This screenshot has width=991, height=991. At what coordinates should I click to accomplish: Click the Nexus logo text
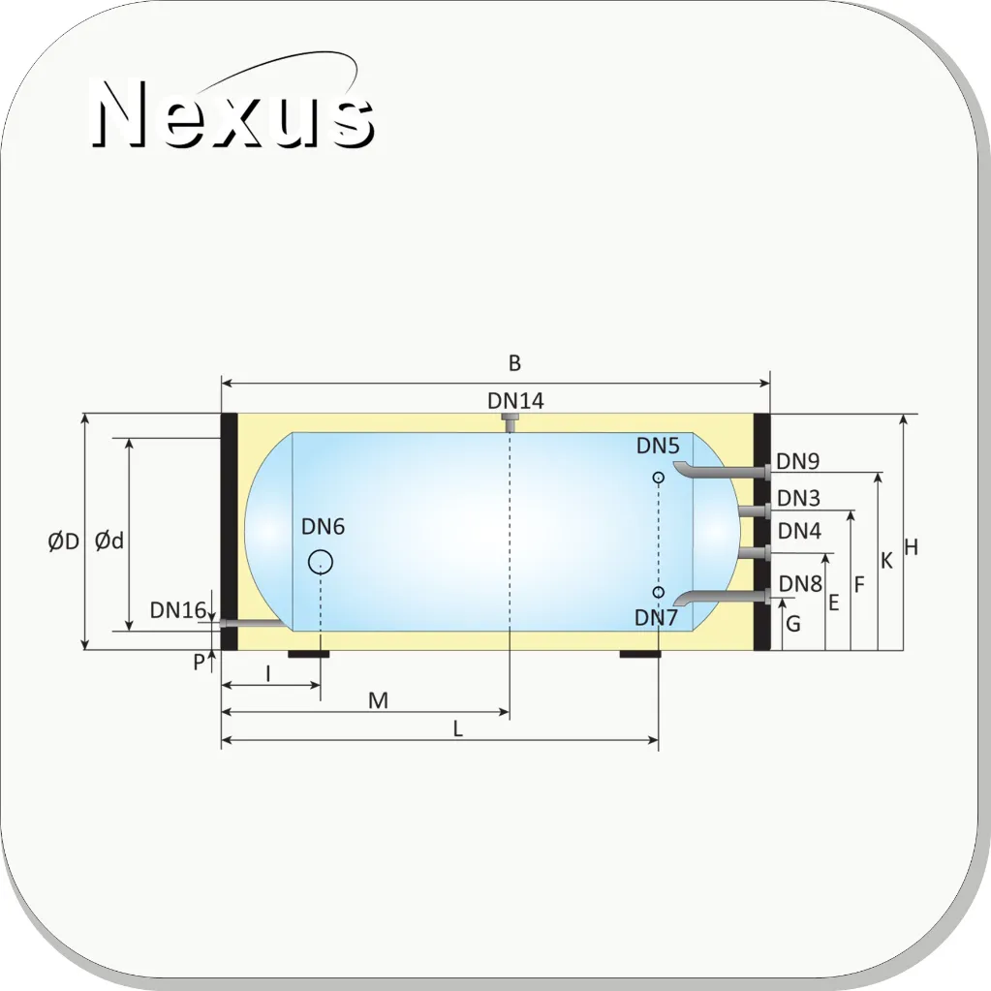pos(232,113)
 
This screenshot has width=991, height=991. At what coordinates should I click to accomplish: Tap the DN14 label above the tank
pos(515,401)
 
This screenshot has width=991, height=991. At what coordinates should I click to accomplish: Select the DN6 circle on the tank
pos(321,562)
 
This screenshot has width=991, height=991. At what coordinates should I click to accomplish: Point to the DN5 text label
pos(658,446)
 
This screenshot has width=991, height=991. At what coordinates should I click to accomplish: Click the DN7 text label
pos(656,617)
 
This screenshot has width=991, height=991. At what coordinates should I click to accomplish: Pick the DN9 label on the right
pos(797,461)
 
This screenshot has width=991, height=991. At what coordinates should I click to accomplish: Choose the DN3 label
pos(798,498)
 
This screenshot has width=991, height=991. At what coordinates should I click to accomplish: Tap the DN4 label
pos(799,531)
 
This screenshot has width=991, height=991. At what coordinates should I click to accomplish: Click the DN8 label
pos(800,583)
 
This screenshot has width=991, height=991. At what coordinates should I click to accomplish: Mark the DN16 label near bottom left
pos(178,610)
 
